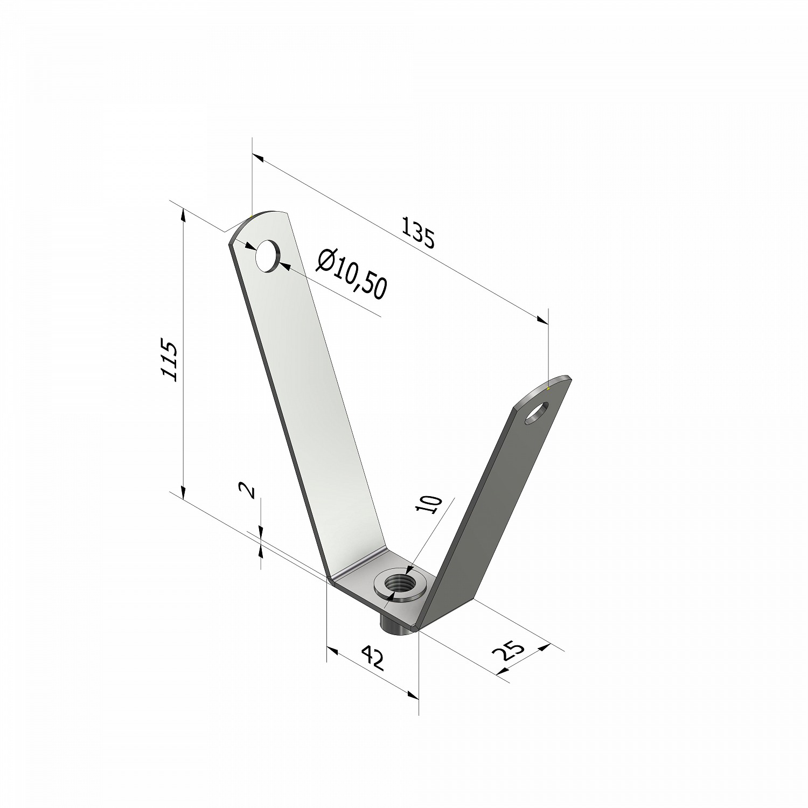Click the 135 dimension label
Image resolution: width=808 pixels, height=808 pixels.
pyautogui.click(x=417, y=232)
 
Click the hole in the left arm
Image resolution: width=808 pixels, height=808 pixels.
pyautogui.click(x=268, y=256)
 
